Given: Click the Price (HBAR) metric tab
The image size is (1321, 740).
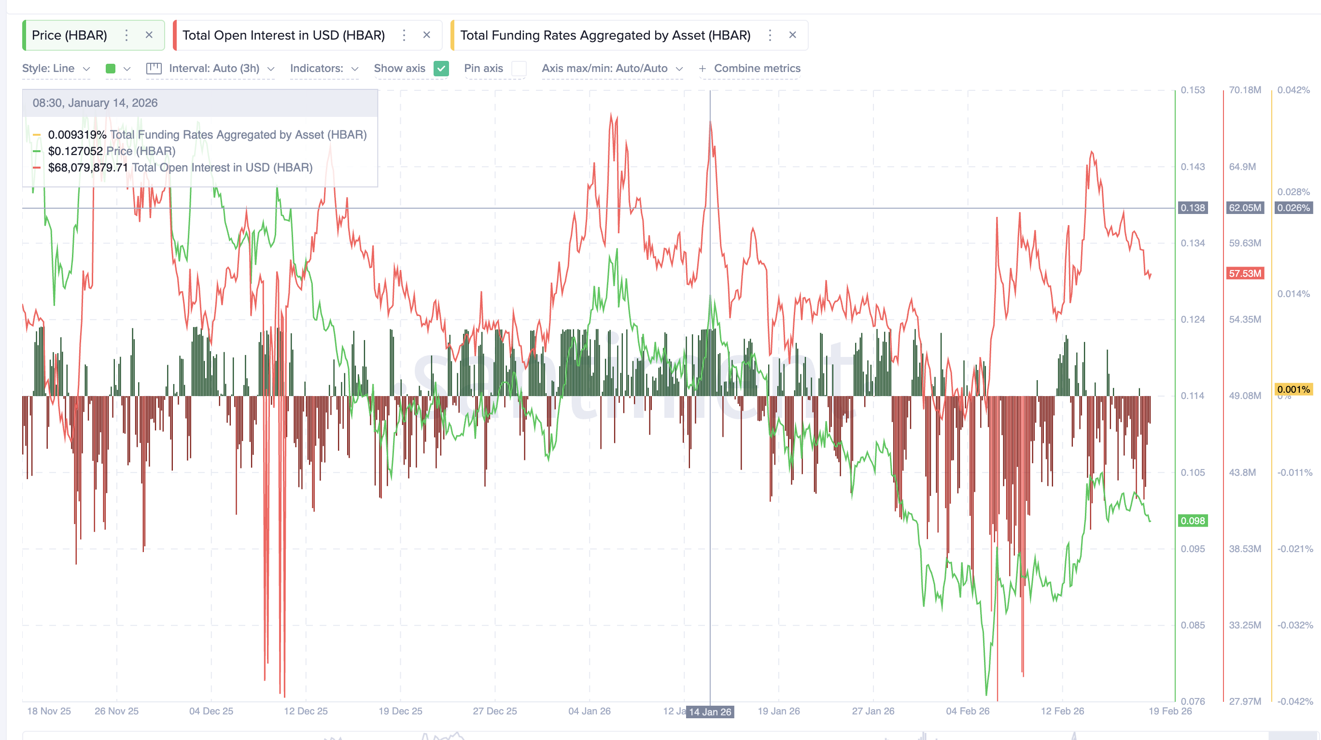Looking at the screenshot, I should click(69, 35).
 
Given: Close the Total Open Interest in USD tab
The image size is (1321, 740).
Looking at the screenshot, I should click(427, 35).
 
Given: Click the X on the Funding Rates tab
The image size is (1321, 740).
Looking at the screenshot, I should click(792, 35).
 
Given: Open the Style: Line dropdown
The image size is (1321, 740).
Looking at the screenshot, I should click(56, 69).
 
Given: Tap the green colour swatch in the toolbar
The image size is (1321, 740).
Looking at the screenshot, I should click(110, 69).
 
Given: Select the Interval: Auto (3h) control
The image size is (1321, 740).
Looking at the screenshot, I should click(214, 69).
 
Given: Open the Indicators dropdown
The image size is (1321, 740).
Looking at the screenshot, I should click(323, 69).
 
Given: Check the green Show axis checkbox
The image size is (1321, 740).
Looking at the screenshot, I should click(441, 69).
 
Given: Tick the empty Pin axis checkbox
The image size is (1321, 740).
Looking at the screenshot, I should click(519, 69).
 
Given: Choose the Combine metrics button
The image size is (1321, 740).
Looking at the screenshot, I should click(750, 69).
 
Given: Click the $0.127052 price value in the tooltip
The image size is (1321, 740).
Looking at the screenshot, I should click(75, 151).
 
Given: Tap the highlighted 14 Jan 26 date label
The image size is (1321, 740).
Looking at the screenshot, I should click(710, 712).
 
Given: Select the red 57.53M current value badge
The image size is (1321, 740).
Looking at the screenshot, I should click(1245, 273).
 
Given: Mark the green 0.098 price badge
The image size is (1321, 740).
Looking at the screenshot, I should click(1192, 521).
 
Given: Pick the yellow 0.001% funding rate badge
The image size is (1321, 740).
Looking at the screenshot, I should click(1293, 389).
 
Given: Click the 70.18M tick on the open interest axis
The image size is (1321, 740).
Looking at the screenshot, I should click(1245, 90).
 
